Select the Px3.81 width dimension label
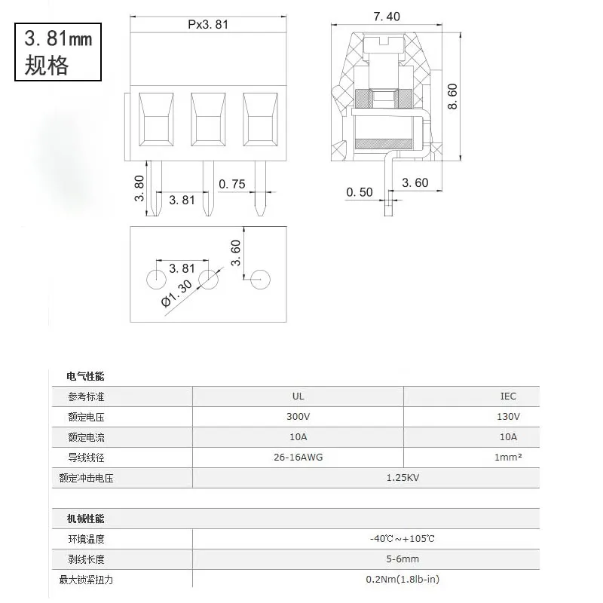pos(208,24)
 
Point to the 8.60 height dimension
pos(452,96)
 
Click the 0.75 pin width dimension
pos(232,184)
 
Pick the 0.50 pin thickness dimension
pos(360,192)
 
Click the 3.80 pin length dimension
pos(139,188)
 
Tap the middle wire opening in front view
pos(208,120)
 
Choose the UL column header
pos(298,396)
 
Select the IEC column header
pos(508,396)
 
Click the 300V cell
pos(298,417)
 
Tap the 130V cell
pos(508,417)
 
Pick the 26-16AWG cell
pos(298,458)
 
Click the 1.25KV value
pos(403,478)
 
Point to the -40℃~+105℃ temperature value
pos(403,539)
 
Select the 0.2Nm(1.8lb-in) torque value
pos(403,579)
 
